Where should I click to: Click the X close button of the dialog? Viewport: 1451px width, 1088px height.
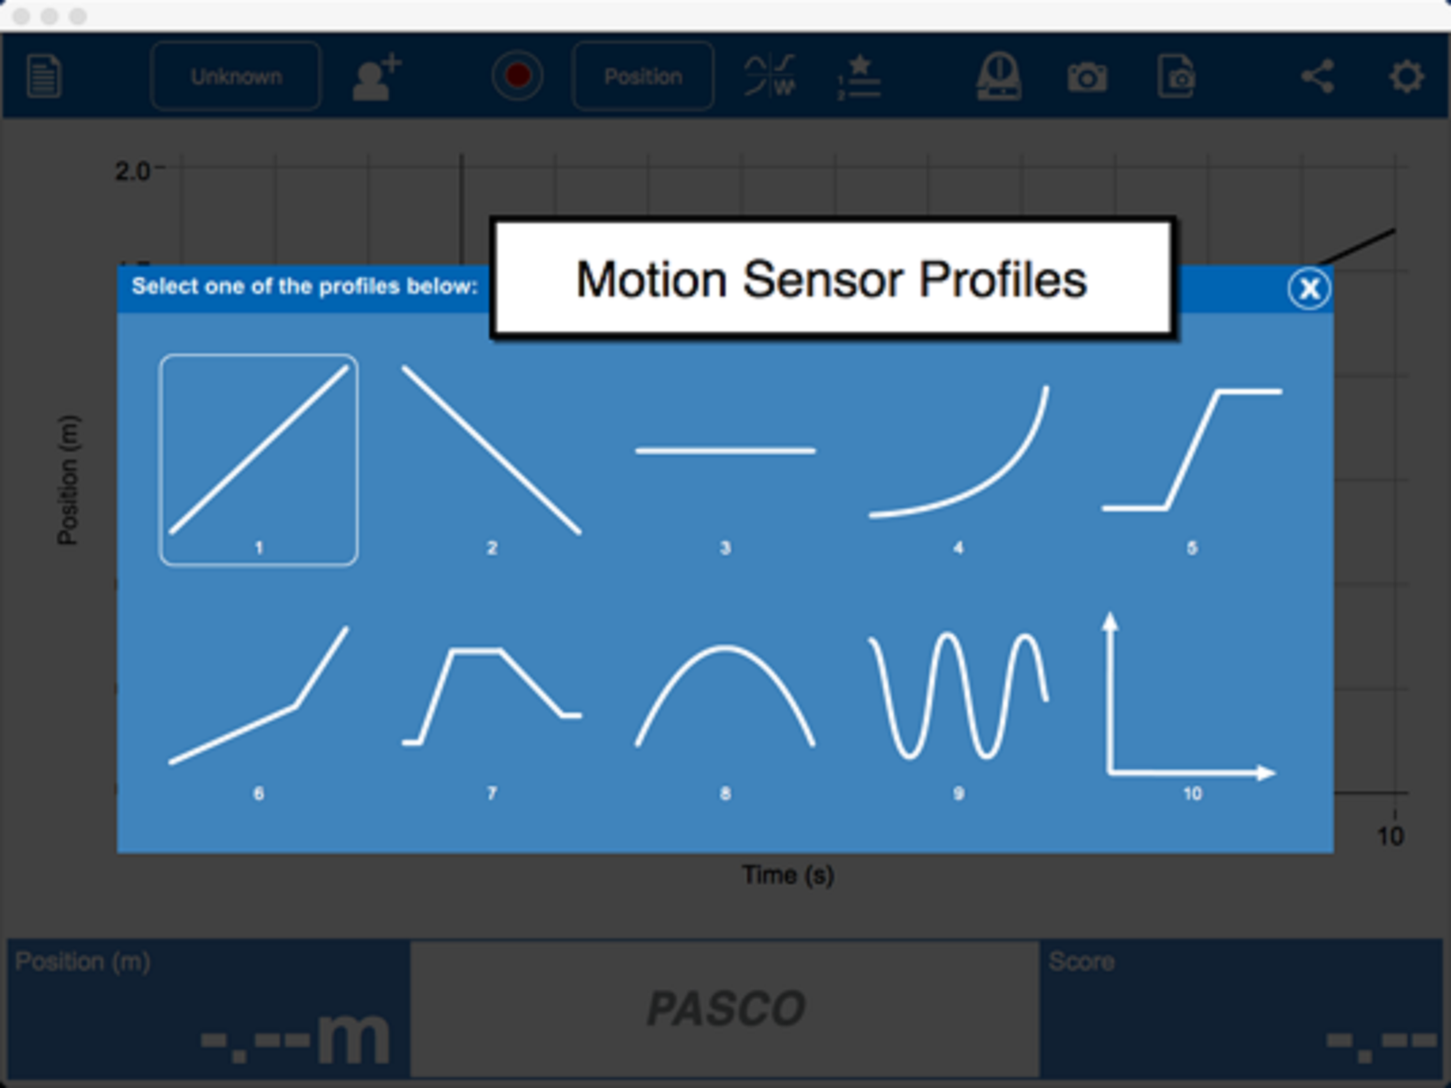1309,288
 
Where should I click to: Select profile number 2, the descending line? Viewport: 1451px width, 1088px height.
491,450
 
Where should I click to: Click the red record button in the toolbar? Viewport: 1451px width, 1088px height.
517,76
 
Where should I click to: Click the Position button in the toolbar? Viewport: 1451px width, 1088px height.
643,76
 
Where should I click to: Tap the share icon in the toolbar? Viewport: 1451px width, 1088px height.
1318,76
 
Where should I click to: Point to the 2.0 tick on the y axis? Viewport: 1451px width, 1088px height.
132,171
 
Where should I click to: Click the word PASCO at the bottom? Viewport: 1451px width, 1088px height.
725,1008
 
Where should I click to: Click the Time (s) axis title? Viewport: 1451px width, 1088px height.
788,875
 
